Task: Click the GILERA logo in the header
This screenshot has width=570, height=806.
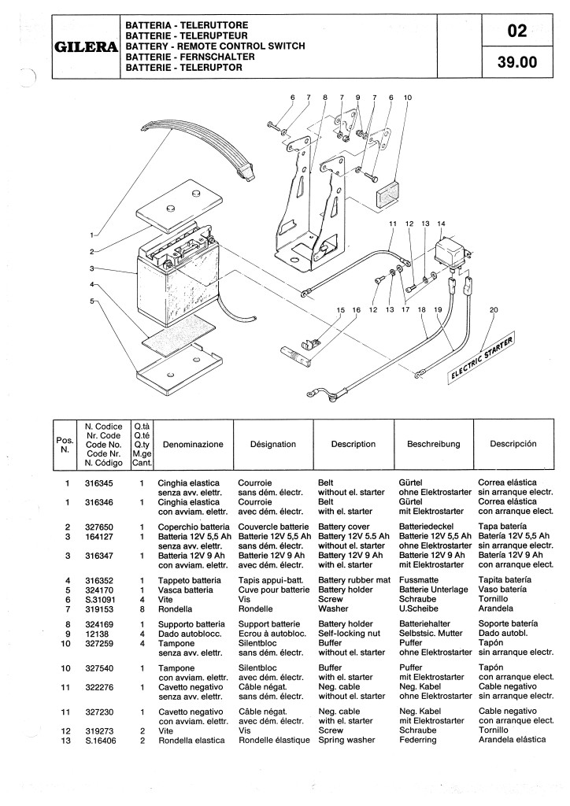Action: point(86,46)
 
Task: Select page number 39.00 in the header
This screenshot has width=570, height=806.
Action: point(517,62)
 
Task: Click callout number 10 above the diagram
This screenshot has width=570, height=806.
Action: point(408,97)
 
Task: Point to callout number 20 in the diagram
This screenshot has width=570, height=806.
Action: point(494,310)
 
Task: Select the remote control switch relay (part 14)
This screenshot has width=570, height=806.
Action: point(452,252)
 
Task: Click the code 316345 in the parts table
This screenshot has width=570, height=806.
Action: point(98,483)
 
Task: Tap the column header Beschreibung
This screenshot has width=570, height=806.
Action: point(433,444)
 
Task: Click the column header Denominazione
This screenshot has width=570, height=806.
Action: point(193,445)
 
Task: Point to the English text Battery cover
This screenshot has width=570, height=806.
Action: point(344,527)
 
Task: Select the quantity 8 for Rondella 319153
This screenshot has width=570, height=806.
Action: point(142,609)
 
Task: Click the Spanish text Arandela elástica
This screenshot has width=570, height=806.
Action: point(512,740)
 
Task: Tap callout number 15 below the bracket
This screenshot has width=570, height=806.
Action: point(341,310)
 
